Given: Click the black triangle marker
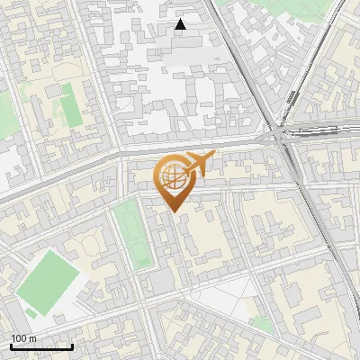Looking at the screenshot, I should tap(181, 24).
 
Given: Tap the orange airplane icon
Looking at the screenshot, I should tap(198, 163).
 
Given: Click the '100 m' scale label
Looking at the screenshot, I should tap(23, 338).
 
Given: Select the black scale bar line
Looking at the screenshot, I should tap(41, 346).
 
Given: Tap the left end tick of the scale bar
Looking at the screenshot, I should tap(11, 346).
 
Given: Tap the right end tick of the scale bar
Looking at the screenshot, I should tap(72, 346).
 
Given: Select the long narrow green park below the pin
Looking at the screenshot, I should tap(132, 233).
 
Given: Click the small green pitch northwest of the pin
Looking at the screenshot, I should tap(68, 109).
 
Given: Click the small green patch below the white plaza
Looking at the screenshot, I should tap(262, 323).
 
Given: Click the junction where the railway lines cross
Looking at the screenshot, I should tap(286, 137).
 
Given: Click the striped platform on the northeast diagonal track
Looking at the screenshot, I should tap(292, 103).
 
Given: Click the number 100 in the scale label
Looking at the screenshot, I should tap(18, 338).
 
